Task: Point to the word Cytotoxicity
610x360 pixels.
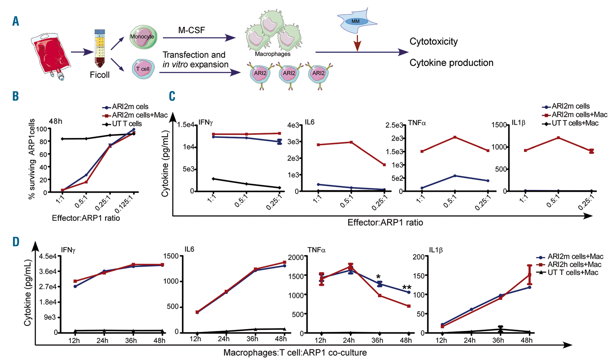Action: (433, 41)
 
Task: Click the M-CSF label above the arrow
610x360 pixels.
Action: (192, 30)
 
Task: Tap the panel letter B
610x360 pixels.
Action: (16, 96)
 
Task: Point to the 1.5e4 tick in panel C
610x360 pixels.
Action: (186, 125)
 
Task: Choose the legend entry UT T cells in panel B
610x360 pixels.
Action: (127, 124)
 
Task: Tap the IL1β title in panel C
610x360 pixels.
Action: (518, 123)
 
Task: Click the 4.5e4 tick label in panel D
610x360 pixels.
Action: (48, 256)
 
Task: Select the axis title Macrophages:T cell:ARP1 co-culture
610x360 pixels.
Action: (295, 353)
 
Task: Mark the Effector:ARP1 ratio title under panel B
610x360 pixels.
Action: (86, 218)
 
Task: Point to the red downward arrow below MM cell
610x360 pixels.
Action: (357, 43)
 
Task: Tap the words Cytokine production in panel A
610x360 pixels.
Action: (451, 63)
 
